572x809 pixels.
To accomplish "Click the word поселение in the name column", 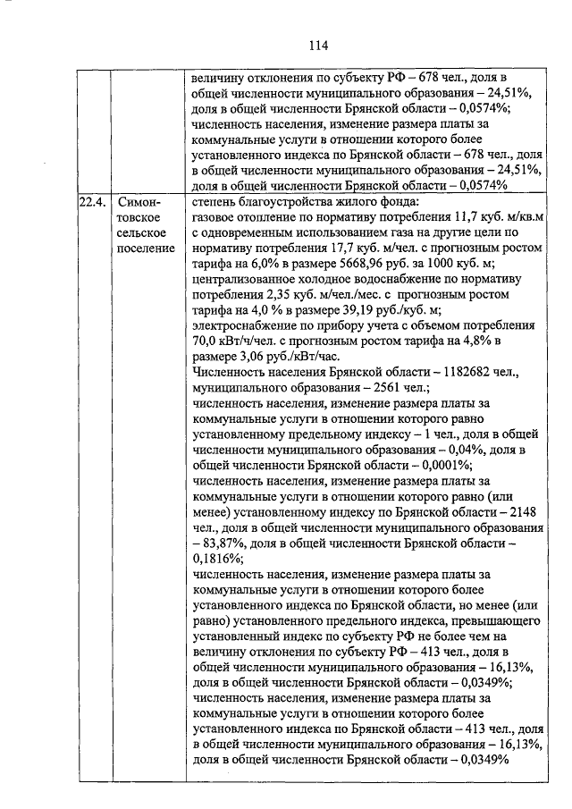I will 146,248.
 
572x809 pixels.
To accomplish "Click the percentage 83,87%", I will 229,542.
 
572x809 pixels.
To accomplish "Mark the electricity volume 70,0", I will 206,341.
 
